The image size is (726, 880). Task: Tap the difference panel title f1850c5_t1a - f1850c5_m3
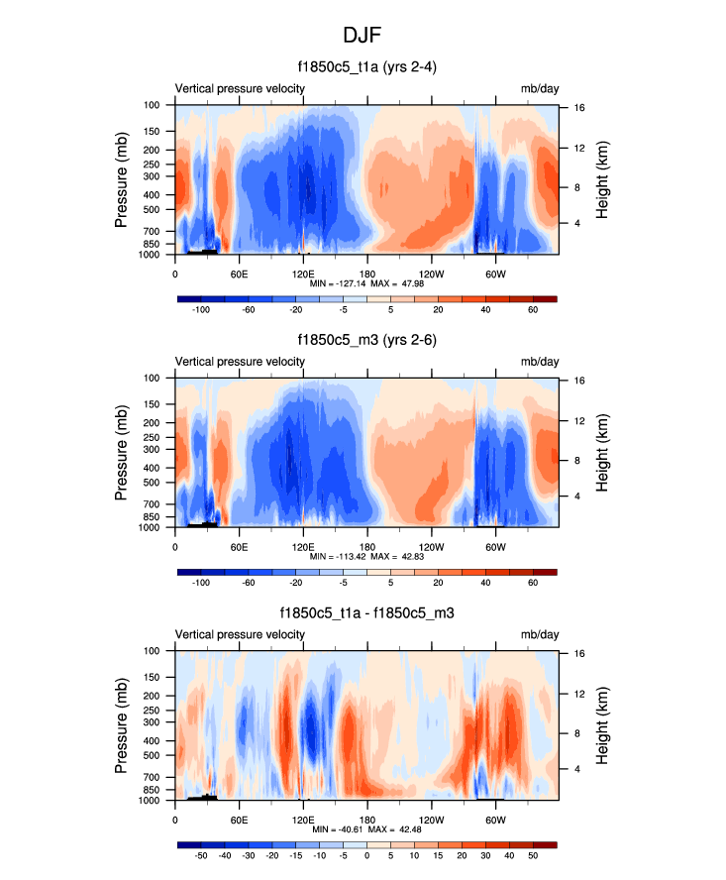click(x=365, y=614)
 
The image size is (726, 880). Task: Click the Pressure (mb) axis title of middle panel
click(x=123, y=452)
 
